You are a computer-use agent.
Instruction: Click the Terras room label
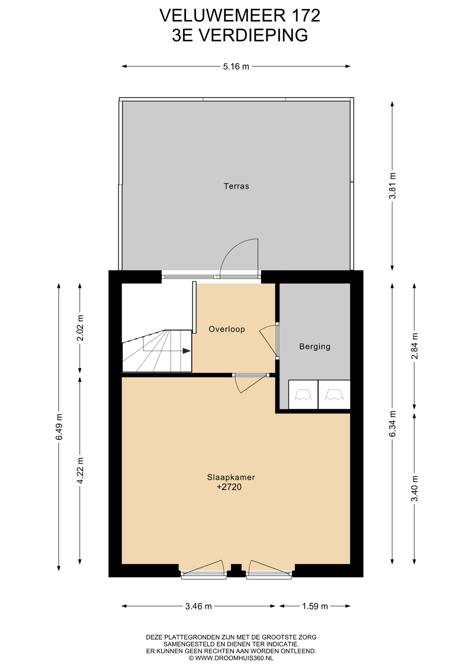click(236, 186)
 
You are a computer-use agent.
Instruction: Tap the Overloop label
click(227, 329)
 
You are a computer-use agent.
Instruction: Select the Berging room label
click(315, 346)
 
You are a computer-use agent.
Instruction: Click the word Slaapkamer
click(231, 477)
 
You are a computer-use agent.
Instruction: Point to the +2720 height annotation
click(229, 487)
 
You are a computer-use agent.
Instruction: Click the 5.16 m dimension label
click(236, 67)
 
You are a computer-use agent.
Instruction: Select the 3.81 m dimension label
click(393, 186)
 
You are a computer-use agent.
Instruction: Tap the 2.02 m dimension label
click(80, 328)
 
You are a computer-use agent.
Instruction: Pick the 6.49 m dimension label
click(59, 427)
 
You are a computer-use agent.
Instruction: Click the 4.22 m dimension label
click(80, 470)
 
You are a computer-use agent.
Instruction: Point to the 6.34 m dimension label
click(393, 424)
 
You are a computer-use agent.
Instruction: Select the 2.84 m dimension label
click(414, 346)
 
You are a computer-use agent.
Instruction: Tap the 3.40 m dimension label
click(414, 489)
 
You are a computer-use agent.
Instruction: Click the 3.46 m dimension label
click(199, 606)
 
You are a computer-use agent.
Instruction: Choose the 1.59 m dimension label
click(315, 606)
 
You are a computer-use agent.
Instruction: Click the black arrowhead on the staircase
click(187, 351)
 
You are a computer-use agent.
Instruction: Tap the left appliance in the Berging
click(303, 394)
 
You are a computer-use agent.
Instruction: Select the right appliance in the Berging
click(334, 394)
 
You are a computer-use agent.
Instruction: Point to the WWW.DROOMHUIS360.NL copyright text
click(231, 658)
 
